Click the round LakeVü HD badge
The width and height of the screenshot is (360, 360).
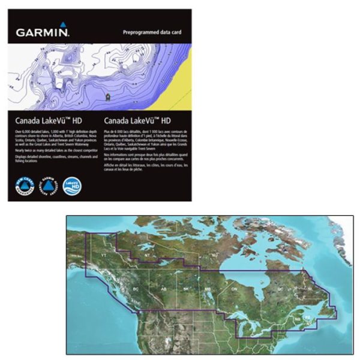(x=71, y=183)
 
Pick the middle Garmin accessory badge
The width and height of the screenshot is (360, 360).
(x=49, y=183)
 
